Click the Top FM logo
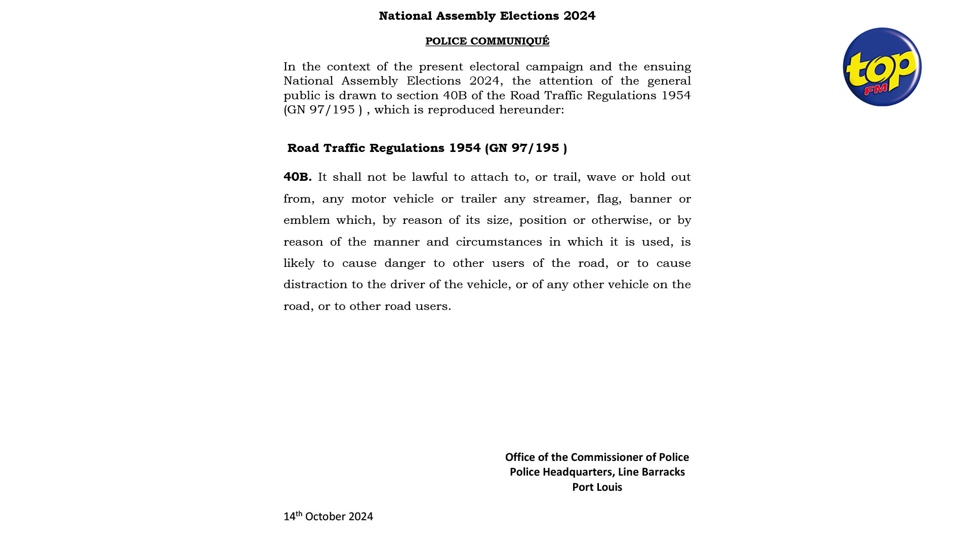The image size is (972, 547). (x=882, y=67)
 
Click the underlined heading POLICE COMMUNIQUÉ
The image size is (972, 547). (x=487, y=41)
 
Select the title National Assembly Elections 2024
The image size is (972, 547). (x=487, y=16)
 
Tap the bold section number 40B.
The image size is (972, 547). (x=297, y=177)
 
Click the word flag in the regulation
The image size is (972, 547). (x=607, y=199)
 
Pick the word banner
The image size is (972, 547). (x=650, y=199)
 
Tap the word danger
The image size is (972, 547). (x=404, y=263)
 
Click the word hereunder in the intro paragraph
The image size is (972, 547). (x=531, y=110)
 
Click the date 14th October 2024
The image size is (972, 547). (x=328, y=517)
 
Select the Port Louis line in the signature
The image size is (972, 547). (x=597, y=487)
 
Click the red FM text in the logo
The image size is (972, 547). (x=876, y=90)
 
